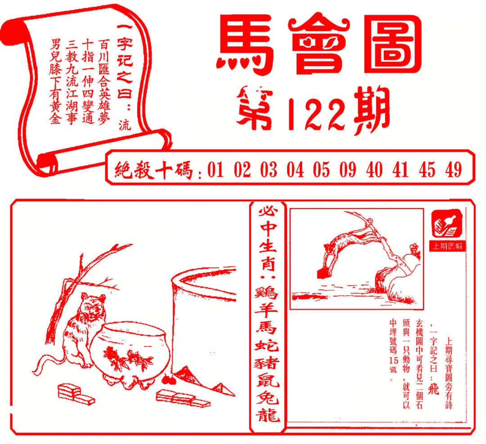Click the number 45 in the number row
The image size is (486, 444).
pos(427,170)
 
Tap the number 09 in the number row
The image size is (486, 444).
pos(347,170)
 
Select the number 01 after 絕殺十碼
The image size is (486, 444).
pos(216,170)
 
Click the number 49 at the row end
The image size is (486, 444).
pos(453,170)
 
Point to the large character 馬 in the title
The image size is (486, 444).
pos(247,45)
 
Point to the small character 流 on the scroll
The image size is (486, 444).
pos(123,124)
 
